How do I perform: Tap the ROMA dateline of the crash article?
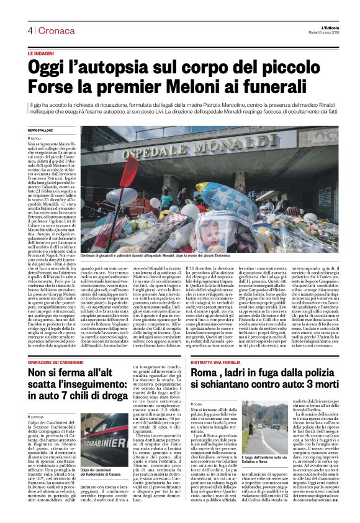point(198,387)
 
